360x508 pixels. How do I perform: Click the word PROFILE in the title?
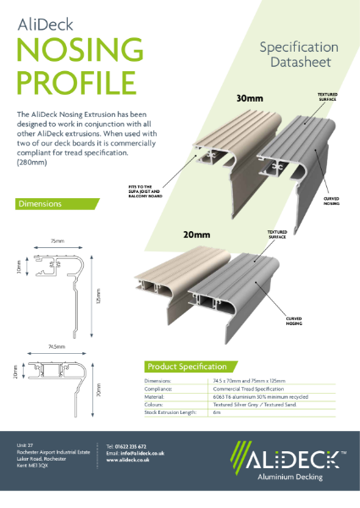75,83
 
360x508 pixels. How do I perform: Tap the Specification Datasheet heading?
298,54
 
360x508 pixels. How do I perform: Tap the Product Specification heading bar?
186,367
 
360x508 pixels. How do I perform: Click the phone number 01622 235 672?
126,446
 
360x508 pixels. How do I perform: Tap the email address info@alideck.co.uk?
136,453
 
